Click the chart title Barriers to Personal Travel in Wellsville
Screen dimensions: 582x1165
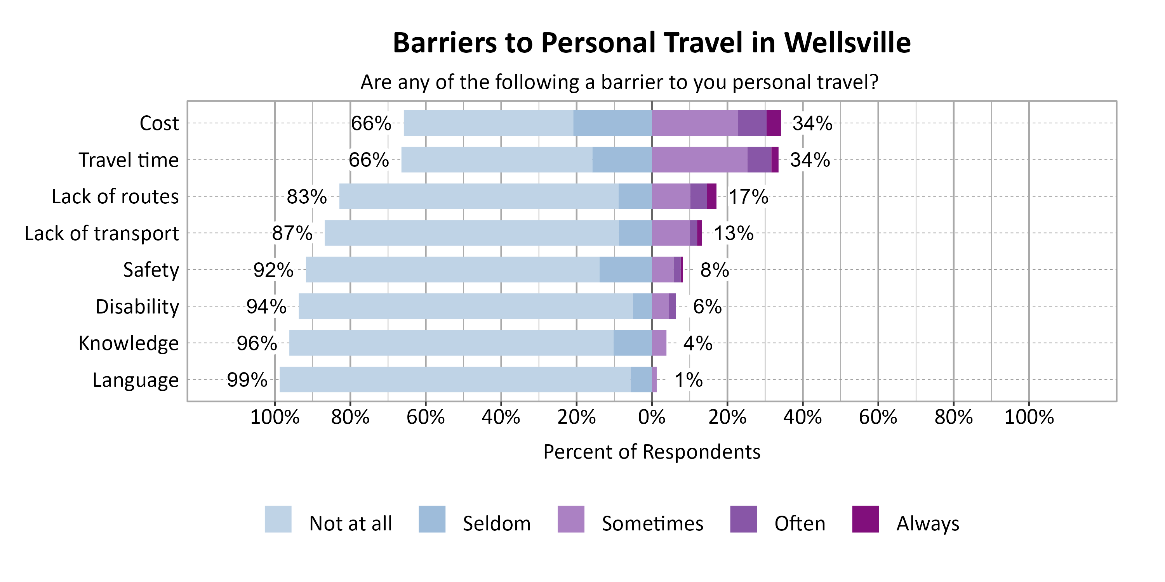[x=651, y=43]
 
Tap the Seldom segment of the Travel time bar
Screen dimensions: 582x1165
[x=622, y=159]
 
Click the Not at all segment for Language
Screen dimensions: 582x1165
[x=454, y=379]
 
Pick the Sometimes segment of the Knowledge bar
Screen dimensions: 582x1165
[x=659, y=343]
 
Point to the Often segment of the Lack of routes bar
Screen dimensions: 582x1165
[x=698, y=196]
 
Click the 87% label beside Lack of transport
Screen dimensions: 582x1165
[x=292, y=233]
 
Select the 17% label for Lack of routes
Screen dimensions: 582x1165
[x=748, y=197]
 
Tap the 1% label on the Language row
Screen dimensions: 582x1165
[x=689, y=380]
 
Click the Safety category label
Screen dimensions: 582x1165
[x=151, y=270]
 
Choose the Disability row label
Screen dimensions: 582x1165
[x=137, y=307]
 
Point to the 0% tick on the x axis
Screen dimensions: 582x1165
[x=651, y=417]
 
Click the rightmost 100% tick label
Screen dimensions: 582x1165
[x=1029, y=417]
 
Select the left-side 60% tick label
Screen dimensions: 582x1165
[x=425, y=417]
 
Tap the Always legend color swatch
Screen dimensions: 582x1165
[x=865, y=519]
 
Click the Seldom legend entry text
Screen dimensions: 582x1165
[x=496, y=524]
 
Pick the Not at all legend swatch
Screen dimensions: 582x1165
[x=278, y=519]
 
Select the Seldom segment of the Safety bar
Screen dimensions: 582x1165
[x=626, y=270]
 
